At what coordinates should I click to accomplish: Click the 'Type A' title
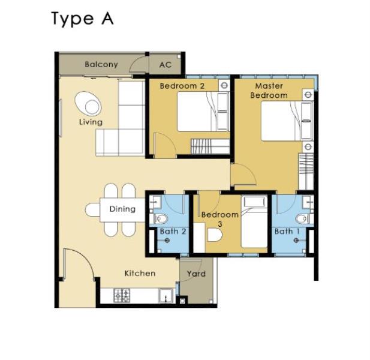pyautogui.click(x=82, y=19)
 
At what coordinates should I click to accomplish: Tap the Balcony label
pyautogui.click(x=101, y=64)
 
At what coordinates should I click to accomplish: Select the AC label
pyautogui.click(x=165, y=65)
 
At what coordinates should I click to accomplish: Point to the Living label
pyautogui.click(x=91, y=122)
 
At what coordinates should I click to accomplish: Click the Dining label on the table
pyautogui.click(x=122, y=209)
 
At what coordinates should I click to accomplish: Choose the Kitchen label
pyautogui.click(x=140, y=274)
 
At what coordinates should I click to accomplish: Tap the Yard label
pyautogui.click(x=196, y=274)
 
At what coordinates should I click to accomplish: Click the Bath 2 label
pyautogui.click(x=173, y=232)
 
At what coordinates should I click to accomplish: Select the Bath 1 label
pyautogui.click(x=287, y=232)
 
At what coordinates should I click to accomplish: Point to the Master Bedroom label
pyautogui.click(x=269, y=91)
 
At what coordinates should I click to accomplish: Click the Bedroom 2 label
pyautogui.click(x=182, y=86)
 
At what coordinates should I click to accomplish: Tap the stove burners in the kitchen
pyautogui.click(x=122, y=296)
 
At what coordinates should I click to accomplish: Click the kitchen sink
pyautogui.click(x=166, y=296)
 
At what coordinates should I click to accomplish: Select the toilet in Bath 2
pyautogui.click(x=161, y=219)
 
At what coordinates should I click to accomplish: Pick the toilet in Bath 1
pyautogui.click(x=303, y=219)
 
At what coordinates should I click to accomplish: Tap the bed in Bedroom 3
pyautogui.click(x=254, y=221)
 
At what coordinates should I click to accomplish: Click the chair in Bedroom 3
pyautogui.click(x=215, y=235)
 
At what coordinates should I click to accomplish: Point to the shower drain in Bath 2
pyautogui.click(x=167, y=241)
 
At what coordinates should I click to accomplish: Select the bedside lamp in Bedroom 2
pyautogui.click(x=224, y=85)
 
